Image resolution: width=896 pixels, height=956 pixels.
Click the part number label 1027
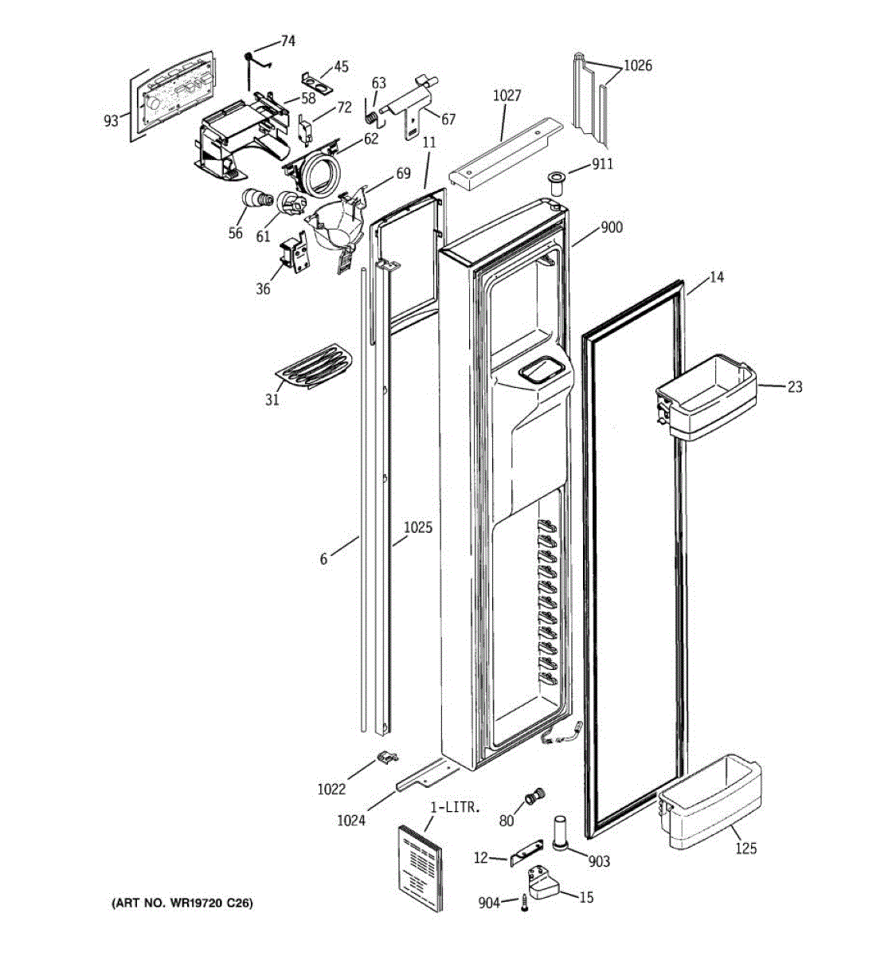point(507,96)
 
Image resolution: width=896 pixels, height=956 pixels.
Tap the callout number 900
point(612,228)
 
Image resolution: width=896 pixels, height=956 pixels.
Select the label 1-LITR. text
point(455,807)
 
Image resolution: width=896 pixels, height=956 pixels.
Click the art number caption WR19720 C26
point(182,903)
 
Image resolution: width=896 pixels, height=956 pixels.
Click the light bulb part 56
point(256,200)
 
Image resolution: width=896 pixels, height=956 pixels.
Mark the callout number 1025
point(417,527)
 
